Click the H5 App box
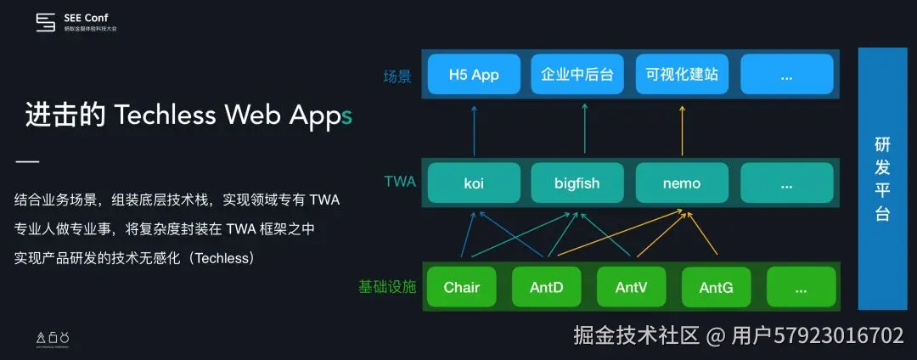474,74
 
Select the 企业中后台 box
577,74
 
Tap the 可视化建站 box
682,74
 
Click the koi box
474,183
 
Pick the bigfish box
577,183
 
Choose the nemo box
682,183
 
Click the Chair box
462,288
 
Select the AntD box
547,288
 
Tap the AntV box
632,288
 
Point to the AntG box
717,288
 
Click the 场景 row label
397,76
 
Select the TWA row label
400,181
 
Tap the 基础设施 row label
387,287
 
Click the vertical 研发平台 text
883,179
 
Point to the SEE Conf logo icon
46,23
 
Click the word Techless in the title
165,115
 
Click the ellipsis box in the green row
801,288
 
